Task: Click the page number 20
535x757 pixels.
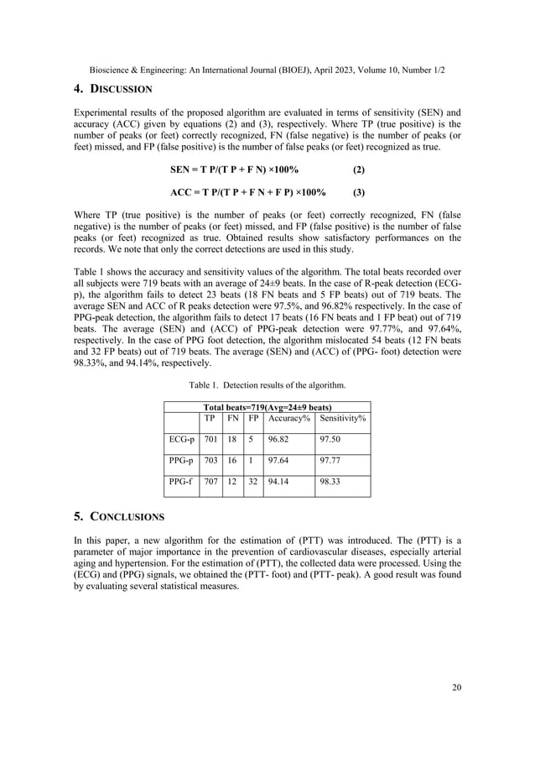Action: pos(455,688)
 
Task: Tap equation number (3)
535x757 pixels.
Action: pos(358,191)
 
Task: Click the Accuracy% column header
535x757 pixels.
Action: pos(284,417)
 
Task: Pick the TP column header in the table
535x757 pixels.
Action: pos(212,417)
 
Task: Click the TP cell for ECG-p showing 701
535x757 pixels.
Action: pos(213,438)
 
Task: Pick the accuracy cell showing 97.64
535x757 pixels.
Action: pos(281,460)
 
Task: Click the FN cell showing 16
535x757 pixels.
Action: pos(233,460)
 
